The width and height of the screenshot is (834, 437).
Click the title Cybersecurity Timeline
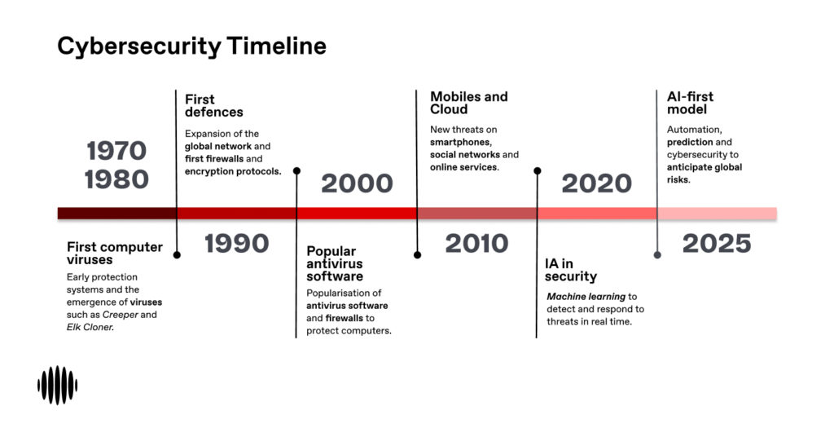(191, 46)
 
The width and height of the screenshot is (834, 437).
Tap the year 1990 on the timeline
(237, 244)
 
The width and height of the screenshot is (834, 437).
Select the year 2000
(357, 183)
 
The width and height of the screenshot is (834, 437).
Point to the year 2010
(476, 244)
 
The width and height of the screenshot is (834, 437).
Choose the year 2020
(597, 183)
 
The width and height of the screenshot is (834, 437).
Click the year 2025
(717, 244)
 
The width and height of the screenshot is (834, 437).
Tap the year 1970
(116, 151)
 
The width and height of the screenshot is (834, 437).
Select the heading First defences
(214, 105)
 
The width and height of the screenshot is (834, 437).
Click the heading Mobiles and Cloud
(468, 103)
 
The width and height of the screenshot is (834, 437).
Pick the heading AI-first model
(691, 103)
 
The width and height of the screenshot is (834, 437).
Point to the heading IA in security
(571, 270)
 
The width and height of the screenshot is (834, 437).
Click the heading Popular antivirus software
(335, 263)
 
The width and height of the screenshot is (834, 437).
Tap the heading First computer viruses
(115, 254)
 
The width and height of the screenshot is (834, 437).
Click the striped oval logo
(58, 385)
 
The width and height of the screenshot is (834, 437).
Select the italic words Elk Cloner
(90, 328)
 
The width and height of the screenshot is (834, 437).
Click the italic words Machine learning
(586, 297)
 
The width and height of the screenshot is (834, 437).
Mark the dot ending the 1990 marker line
(177, 255)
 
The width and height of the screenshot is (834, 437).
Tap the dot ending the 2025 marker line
(657, 255)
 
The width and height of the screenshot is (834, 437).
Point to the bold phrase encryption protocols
(233, 171)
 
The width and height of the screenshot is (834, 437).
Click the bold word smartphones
(461, 142)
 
